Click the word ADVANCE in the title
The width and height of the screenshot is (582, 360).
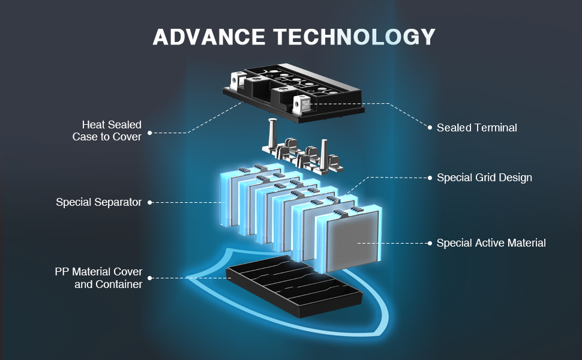[209, 37]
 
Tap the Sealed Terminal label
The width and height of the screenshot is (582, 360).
[476, 128]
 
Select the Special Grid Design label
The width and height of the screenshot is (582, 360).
[484, 178]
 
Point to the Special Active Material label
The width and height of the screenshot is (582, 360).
[491, 243]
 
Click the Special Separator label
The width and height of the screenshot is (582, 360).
[98, 202]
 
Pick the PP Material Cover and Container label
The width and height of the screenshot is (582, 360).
[98, 278]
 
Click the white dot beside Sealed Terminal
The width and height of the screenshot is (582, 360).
[430, 127]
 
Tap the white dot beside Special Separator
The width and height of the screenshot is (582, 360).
[149, 202]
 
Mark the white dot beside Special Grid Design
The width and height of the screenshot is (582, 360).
[430, 178]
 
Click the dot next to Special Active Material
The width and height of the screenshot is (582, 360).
[430, 243]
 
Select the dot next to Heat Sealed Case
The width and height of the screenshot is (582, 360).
[149, 131]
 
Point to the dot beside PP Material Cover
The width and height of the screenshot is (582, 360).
[149, 278]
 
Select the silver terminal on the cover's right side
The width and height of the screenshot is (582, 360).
[303, 106]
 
